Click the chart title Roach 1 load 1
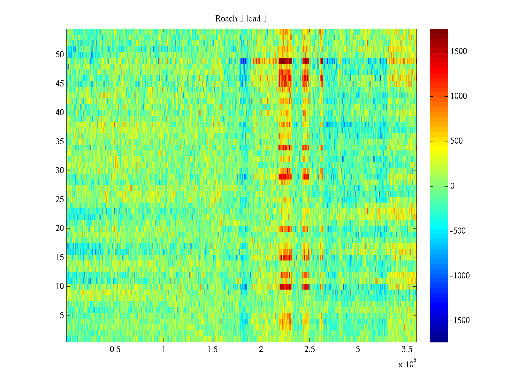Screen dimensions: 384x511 pyautogui.click(x=241, y=19)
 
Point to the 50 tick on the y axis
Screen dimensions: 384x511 pyautogui.click(x=60, y=55)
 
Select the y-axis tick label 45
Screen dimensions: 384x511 pyautogui.click(x=60, y=84)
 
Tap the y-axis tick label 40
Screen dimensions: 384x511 pyautogui.click(x=60, y=113)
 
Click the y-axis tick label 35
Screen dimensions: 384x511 pyautogui.click(x=60, y=142)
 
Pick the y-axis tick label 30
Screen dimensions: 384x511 pyautogui.click(x=60, y=171)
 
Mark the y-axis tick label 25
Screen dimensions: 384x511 pyautogui.click(x=60, y=200)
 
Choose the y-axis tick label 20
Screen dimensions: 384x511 pyautogui.click(x=60, y=228)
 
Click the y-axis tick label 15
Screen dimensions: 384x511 pyautogui.click(x=60, y=258)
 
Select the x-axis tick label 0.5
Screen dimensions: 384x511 pyautogui.click(x=115, y=349)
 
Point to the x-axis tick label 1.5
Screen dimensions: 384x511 pyautogui.click(x=212, y=349)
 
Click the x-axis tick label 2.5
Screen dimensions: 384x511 pyautogui.click(x=309, y=349)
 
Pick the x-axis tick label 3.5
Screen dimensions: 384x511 pyautogui.click(x=407, y=349)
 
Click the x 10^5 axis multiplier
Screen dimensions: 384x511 pyautogui.click(x=407, y=364)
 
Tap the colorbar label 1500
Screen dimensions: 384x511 pyautogui.click(x=459, y=52)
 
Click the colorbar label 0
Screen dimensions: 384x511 pyautogui.click(x=452, y=186)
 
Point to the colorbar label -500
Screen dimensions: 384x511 pyautogui.click(x=458, y=231)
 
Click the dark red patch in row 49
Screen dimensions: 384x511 pyautogui.click(x=285, y=60)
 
